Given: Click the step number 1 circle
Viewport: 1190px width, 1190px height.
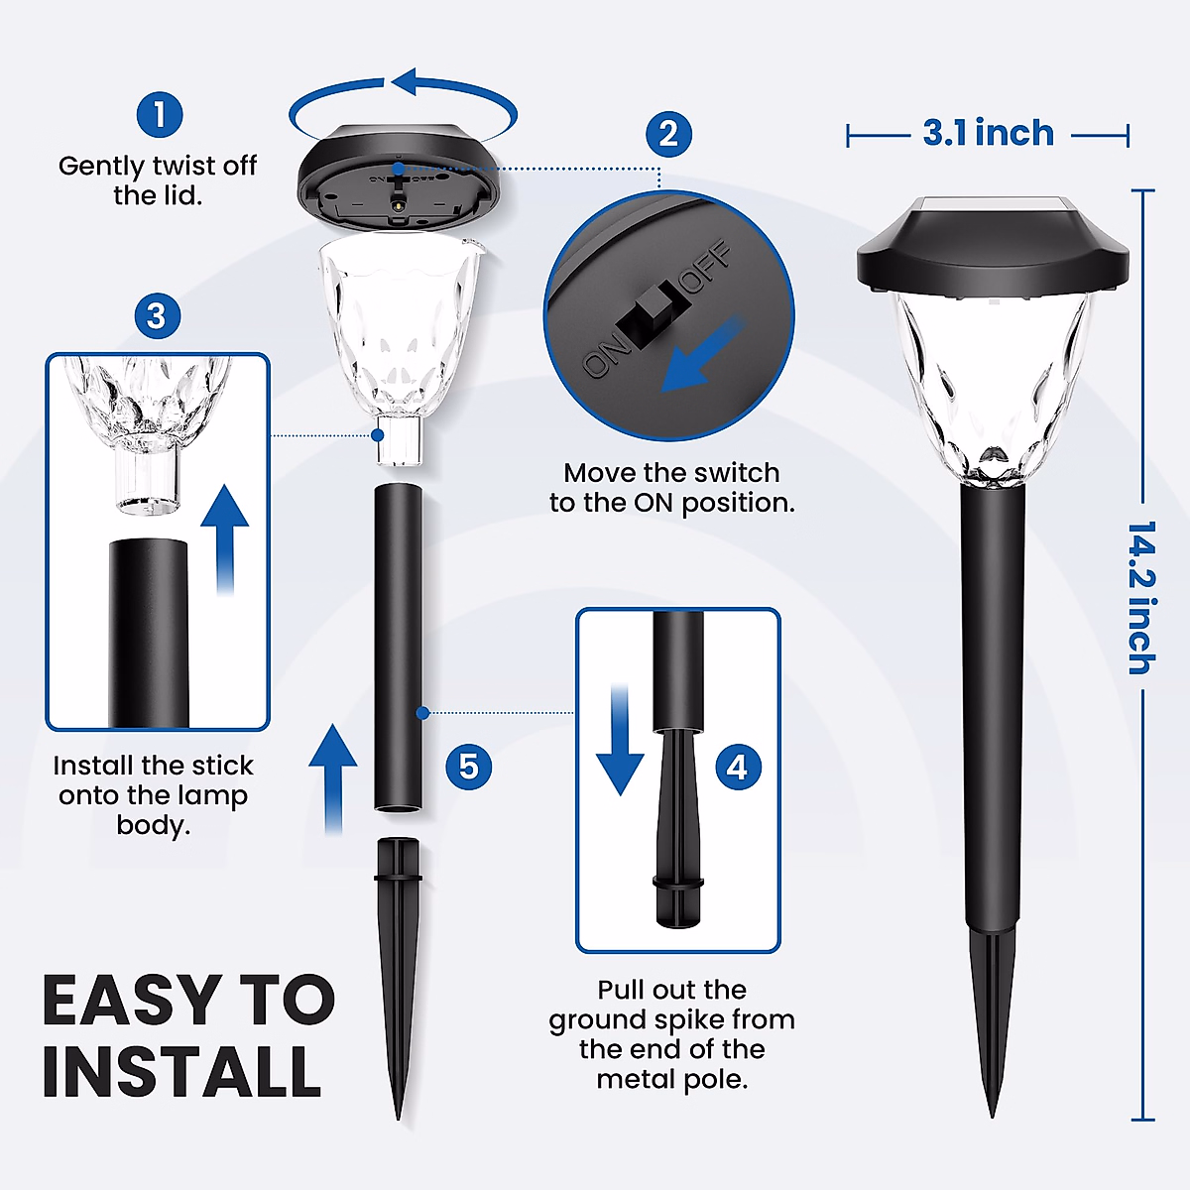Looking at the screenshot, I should coord(160,115).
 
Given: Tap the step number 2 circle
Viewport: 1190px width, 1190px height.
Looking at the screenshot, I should coord(668,135).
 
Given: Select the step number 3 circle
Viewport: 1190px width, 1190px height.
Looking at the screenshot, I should coord(157,316).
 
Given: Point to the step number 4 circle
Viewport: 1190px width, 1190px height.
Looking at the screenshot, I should coord(738,767).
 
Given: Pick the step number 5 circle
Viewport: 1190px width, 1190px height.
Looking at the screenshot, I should coord(469,767).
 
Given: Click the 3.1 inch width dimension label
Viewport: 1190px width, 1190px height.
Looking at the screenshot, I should coord(988,133).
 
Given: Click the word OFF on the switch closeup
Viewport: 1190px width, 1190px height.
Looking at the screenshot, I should coord(706,267).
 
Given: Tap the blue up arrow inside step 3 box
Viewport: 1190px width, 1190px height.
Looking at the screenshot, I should coord(225,535).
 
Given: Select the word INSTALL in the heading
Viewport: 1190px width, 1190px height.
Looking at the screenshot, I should coord(181,1071).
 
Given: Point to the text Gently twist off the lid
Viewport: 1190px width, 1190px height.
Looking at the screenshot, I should coord(158,179).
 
